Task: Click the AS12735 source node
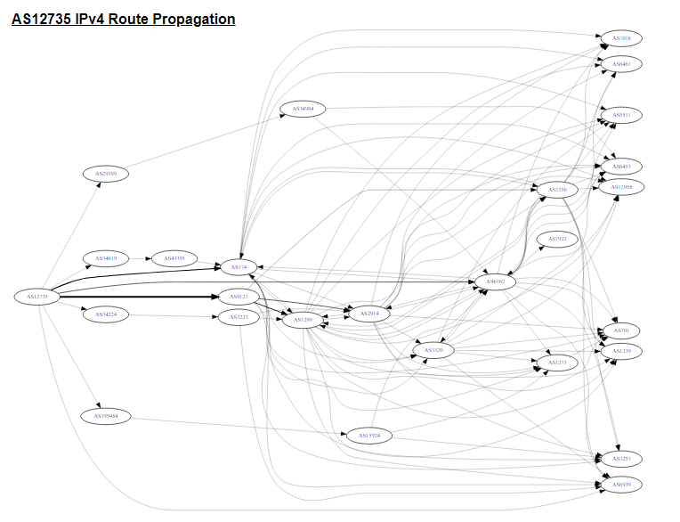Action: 37,297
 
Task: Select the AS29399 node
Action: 106,174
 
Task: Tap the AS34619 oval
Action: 106,258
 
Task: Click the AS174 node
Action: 239,266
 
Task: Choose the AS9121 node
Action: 239,297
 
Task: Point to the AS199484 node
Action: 106,416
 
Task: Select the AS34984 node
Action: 303,110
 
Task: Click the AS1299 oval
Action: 303,319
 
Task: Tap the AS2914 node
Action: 369,314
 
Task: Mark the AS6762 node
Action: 496,282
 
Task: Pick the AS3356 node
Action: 558,190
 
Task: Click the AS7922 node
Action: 558,240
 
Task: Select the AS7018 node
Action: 621,38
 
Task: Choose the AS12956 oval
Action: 621,186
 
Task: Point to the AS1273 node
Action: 556,363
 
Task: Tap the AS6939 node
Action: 621,485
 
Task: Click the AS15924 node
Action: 369,436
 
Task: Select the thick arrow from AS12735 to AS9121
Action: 142,297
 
